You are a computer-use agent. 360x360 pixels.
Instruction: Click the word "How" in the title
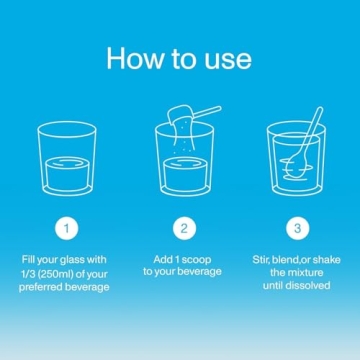135,59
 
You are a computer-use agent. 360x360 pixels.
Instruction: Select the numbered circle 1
67,229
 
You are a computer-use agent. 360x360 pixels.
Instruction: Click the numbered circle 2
184,229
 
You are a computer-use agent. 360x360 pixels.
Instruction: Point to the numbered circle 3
298,229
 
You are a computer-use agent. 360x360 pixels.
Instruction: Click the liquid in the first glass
67,174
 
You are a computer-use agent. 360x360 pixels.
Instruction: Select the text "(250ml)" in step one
51,274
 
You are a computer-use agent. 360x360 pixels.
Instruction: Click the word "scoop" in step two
197,260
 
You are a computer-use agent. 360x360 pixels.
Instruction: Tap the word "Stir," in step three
260,260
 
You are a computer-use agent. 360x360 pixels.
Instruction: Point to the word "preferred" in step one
39,287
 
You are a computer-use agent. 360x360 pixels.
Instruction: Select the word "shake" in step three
327,260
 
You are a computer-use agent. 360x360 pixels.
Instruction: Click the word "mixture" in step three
305,273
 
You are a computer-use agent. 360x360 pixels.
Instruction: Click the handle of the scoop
207,112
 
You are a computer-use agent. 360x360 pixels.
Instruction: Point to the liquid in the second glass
185,174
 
